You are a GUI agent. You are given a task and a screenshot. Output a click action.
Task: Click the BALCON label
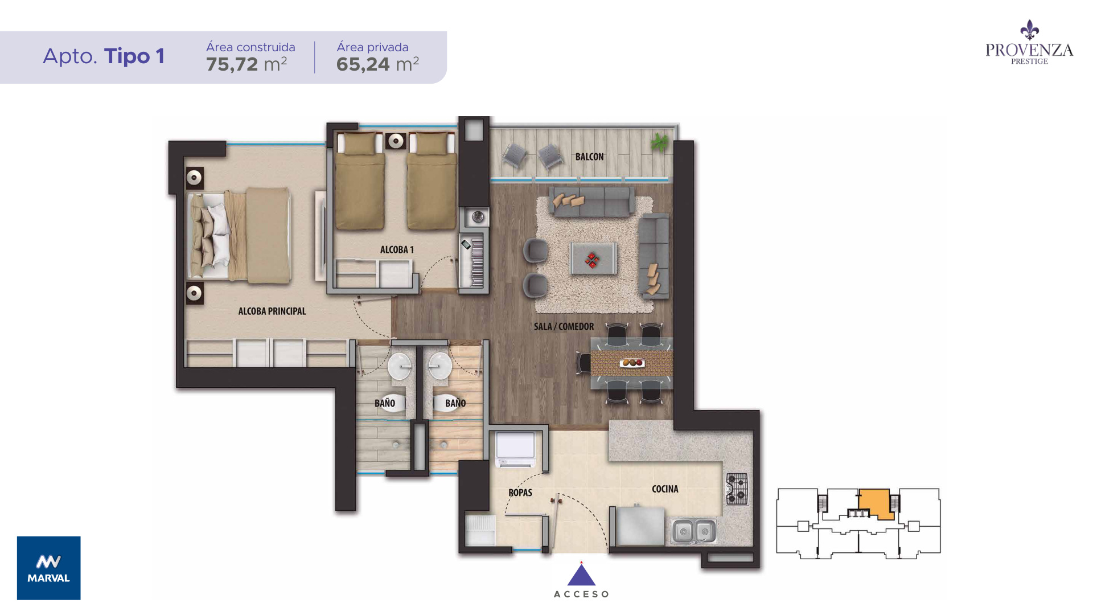(589, 157)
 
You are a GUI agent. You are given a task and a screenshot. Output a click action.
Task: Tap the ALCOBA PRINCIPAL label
(272, 311)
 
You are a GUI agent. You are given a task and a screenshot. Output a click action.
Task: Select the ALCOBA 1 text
(397, 249)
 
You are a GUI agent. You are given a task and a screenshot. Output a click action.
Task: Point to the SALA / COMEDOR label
(564, 326)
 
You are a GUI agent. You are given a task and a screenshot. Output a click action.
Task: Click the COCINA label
(665, 489)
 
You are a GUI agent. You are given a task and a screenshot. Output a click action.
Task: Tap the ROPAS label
(520, 493)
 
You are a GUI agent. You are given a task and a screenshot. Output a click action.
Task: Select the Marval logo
(49, 568)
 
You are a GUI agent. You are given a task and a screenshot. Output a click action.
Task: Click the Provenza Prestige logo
(1029, 43)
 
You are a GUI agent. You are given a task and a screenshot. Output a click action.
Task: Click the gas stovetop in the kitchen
(737, 489)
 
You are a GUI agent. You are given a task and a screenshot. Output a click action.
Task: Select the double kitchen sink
(694, 531)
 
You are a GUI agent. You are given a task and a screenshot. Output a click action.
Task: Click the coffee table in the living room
(593, 259)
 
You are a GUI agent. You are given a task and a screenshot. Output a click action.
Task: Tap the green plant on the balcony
(659, 142)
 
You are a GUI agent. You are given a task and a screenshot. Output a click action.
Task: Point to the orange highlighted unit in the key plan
(876, 503)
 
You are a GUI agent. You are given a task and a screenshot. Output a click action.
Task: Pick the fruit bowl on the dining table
(632, 362)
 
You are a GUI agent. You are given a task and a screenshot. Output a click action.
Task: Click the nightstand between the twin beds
(395, 141)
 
